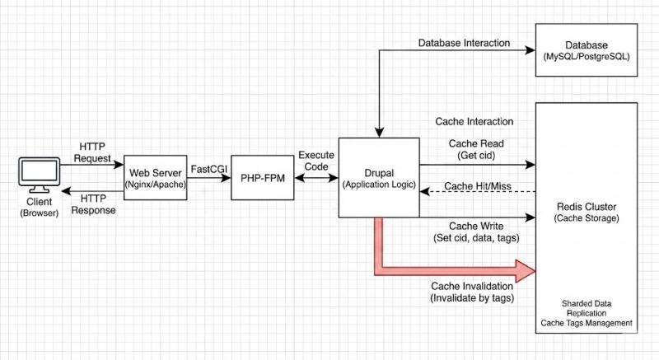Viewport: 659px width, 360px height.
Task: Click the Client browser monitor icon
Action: point(40,175)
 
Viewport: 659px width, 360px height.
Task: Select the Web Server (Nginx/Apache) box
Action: point(156,178)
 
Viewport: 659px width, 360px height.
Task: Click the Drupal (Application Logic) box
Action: point(378,178)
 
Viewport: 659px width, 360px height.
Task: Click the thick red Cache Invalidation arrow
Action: point(461,269)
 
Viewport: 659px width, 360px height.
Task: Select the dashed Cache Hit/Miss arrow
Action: point(478,192)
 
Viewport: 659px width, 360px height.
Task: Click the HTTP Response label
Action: point(91,204)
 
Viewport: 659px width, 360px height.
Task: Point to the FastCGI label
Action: point(209,167)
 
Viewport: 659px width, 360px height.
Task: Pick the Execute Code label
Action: point(315,161)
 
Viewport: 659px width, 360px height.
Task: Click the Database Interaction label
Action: point(464,43)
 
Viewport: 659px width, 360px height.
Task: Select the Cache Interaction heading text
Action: point(474,122)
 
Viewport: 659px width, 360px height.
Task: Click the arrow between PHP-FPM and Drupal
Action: point(315,178)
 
